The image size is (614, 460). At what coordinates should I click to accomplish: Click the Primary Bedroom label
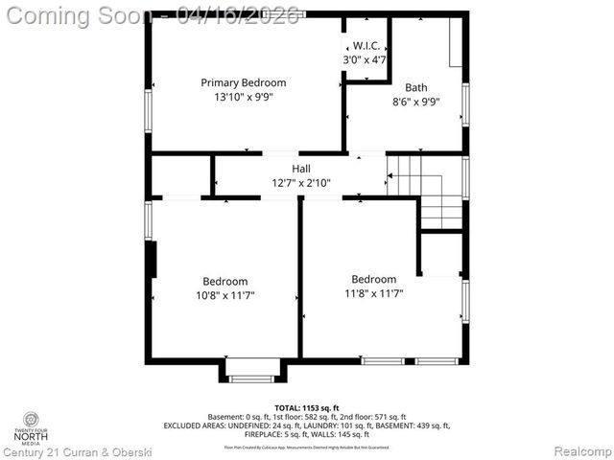[x=243, y=82]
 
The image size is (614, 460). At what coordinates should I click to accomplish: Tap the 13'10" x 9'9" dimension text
[x=243, y=96]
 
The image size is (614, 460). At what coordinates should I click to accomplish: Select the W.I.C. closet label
[x=366, y=45]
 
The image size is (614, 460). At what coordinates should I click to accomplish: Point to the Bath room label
[x=415, y=87]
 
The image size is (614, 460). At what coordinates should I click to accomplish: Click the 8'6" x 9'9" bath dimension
[x=415, y=102]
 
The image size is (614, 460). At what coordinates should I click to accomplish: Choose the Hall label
[x=300, y=169]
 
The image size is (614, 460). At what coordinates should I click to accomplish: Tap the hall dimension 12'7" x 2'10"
[x=300, y=182]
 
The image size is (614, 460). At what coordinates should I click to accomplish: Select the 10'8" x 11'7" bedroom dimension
[x=224, y=295]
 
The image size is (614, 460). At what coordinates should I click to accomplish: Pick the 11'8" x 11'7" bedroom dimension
[x=373, y=293]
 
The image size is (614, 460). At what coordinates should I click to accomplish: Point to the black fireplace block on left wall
[x=151, y=260]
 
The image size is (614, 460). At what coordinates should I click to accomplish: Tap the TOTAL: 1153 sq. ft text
[x=307, y=408]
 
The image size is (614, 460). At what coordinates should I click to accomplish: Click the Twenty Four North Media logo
[x=33, y=427]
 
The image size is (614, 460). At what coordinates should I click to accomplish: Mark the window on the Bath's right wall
[x=465, y=104]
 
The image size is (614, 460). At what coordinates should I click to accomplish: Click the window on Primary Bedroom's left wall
[x=148, y=110]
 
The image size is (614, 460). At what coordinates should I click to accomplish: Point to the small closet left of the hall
[x=181, y=175]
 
